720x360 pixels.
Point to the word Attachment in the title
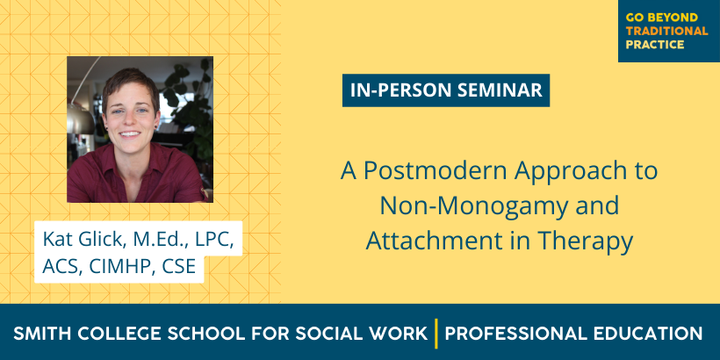(x=437, y=241)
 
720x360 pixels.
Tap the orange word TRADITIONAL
(x=666, y=32)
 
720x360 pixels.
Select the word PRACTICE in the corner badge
(x=655, y=45)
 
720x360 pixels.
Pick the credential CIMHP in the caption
(x=120, y=266)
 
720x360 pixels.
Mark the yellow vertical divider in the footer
(x=436, y=334)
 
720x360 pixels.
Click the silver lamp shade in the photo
(x=80, y=119)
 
